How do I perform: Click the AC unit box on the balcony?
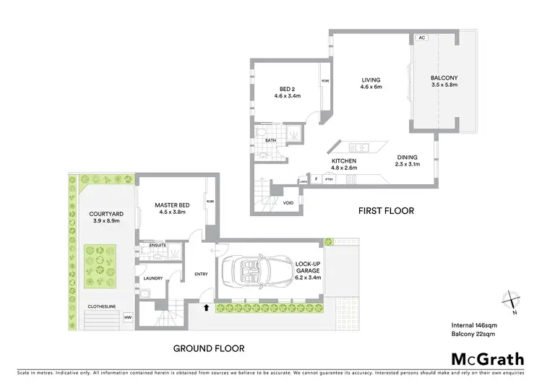pyautogui.click(x=421, y=38)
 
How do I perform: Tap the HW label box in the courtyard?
pyautogui.click(x=128, y=317)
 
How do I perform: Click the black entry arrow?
pyautogui.click(x=207, y=307)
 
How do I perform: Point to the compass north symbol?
pyautogui.click(x=511, y=300)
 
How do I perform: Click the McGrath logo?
pyautogui.click(x=487, y=358)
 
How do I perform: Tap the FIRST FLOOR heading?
pyautogui.click(x=386, y=211)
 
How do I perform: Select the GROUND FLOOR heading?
pyautogui.click(x=208, y=348)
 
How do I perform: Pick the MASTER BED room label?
pyautogui.click(x=171, y=205)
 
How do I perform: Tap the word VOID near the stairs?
pyautogui.click(x=288, y=203)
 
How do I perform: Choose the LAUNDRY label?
pyautogui.click(x=152, y=277)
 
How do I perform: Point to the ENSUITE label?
pyautogui.click(x=158, y=246)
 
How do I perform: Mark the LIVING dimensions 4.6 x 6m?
pyautogui.click(x=371, y=87)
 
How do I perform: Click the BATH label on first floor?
pyautogui.click(x=271, y=140)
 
